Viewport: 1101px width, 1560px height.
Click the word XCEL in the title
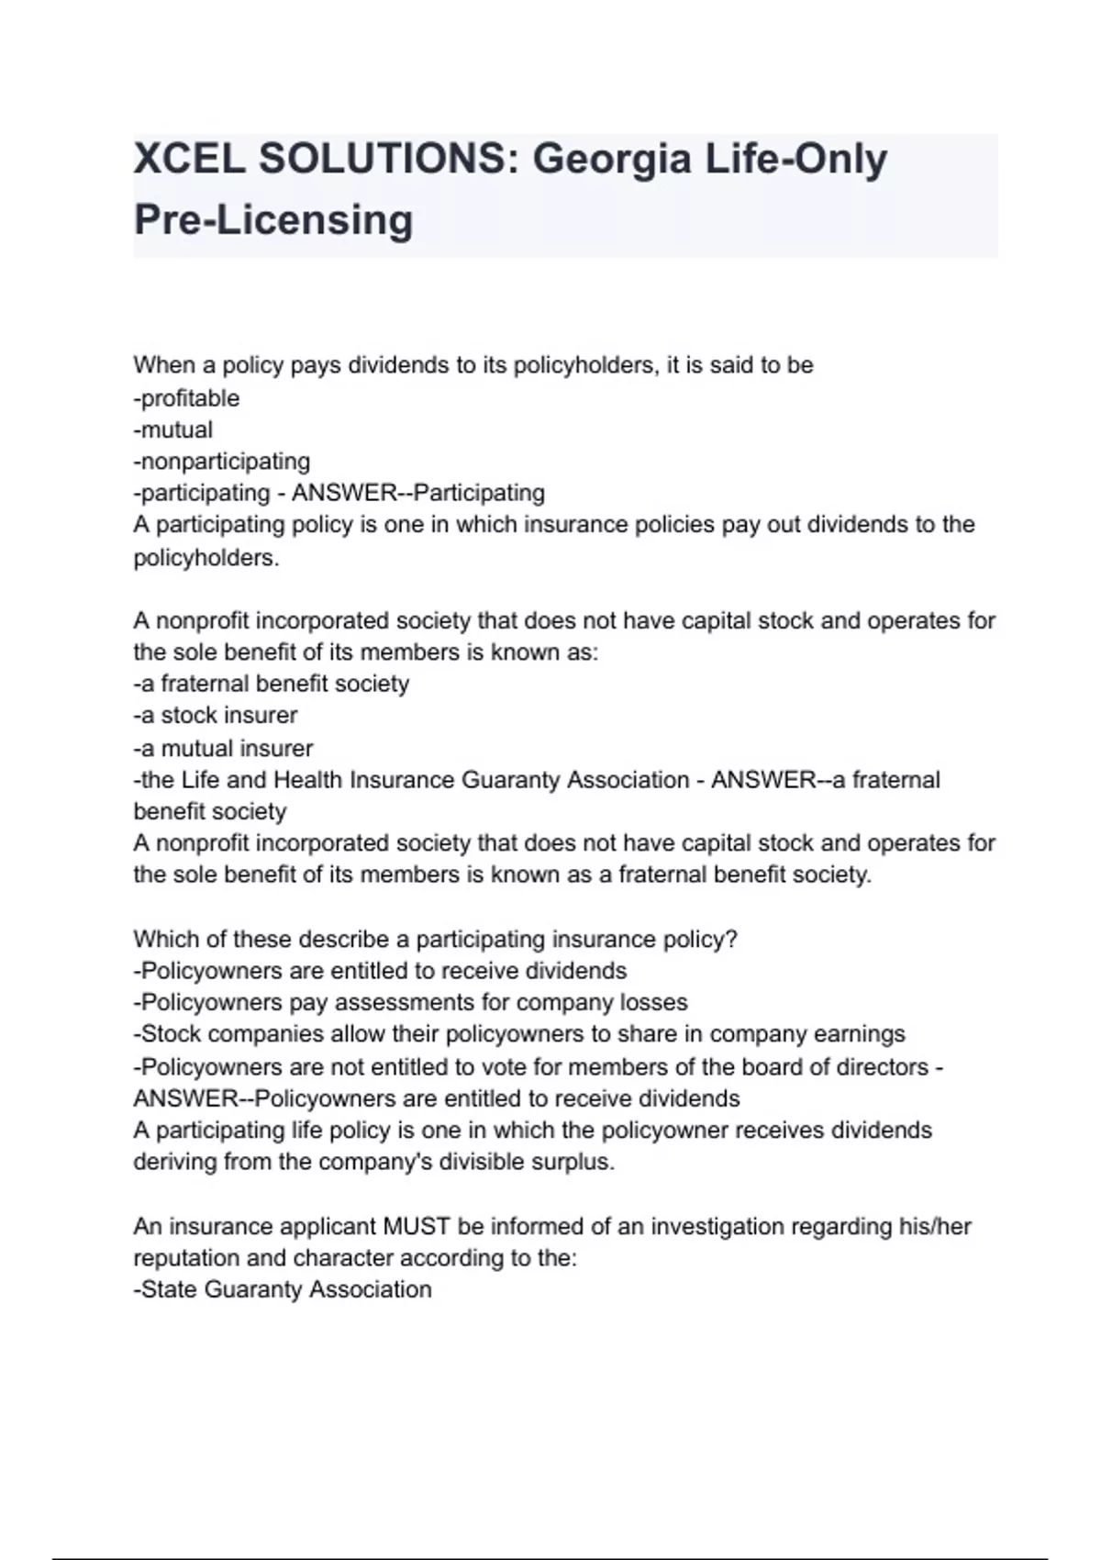(189, 160)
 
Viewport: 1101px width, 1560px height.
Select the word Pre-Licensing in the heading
(273, 220)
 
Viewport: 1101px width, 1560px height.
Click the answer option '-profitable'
(186, 398)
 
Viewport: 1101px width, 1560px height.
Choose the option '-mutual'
(173, 429)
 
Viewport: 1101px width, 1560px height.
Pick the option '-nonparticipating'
(222, 461)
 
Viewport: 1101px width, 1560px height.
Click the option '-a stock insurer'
(216, 715)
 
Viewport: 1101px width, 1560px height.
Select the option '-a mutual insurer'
(223, 748)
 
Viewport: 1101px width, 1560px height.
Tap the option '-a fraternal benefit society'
(272, 684)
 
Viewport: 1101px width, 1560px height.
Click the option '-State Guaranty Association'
(283, 1289)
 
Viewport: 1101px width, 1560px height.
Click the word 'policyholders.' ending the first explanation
(206, 557)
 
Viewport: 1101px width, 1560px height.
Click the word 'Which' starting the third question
(163, 939)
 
